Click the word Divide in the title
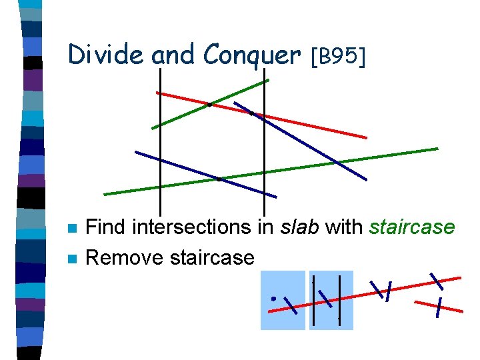pyautogui.click(x=105, y=55)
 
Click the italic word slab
pyautogui.click(x=300, y=227)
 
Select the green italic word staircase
pyautogui.click(x=412, y=227)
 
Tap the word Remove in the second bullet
pyautogui.click(x=126, y=257)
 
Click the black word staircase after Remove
pyautogui.click(x=213, y=257)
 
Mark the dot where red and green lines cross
pyautogui.click(x=209, y=105)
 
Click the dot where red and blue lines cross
pyautogui.click(x=251, y=113)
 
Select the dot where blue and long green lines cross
pyautogui.click(x=219, y=179)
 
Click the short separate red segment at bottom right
pyautogui.click(x=438, y=306)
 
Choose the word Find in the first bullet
pyautogui.click(x=107, y=227)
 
